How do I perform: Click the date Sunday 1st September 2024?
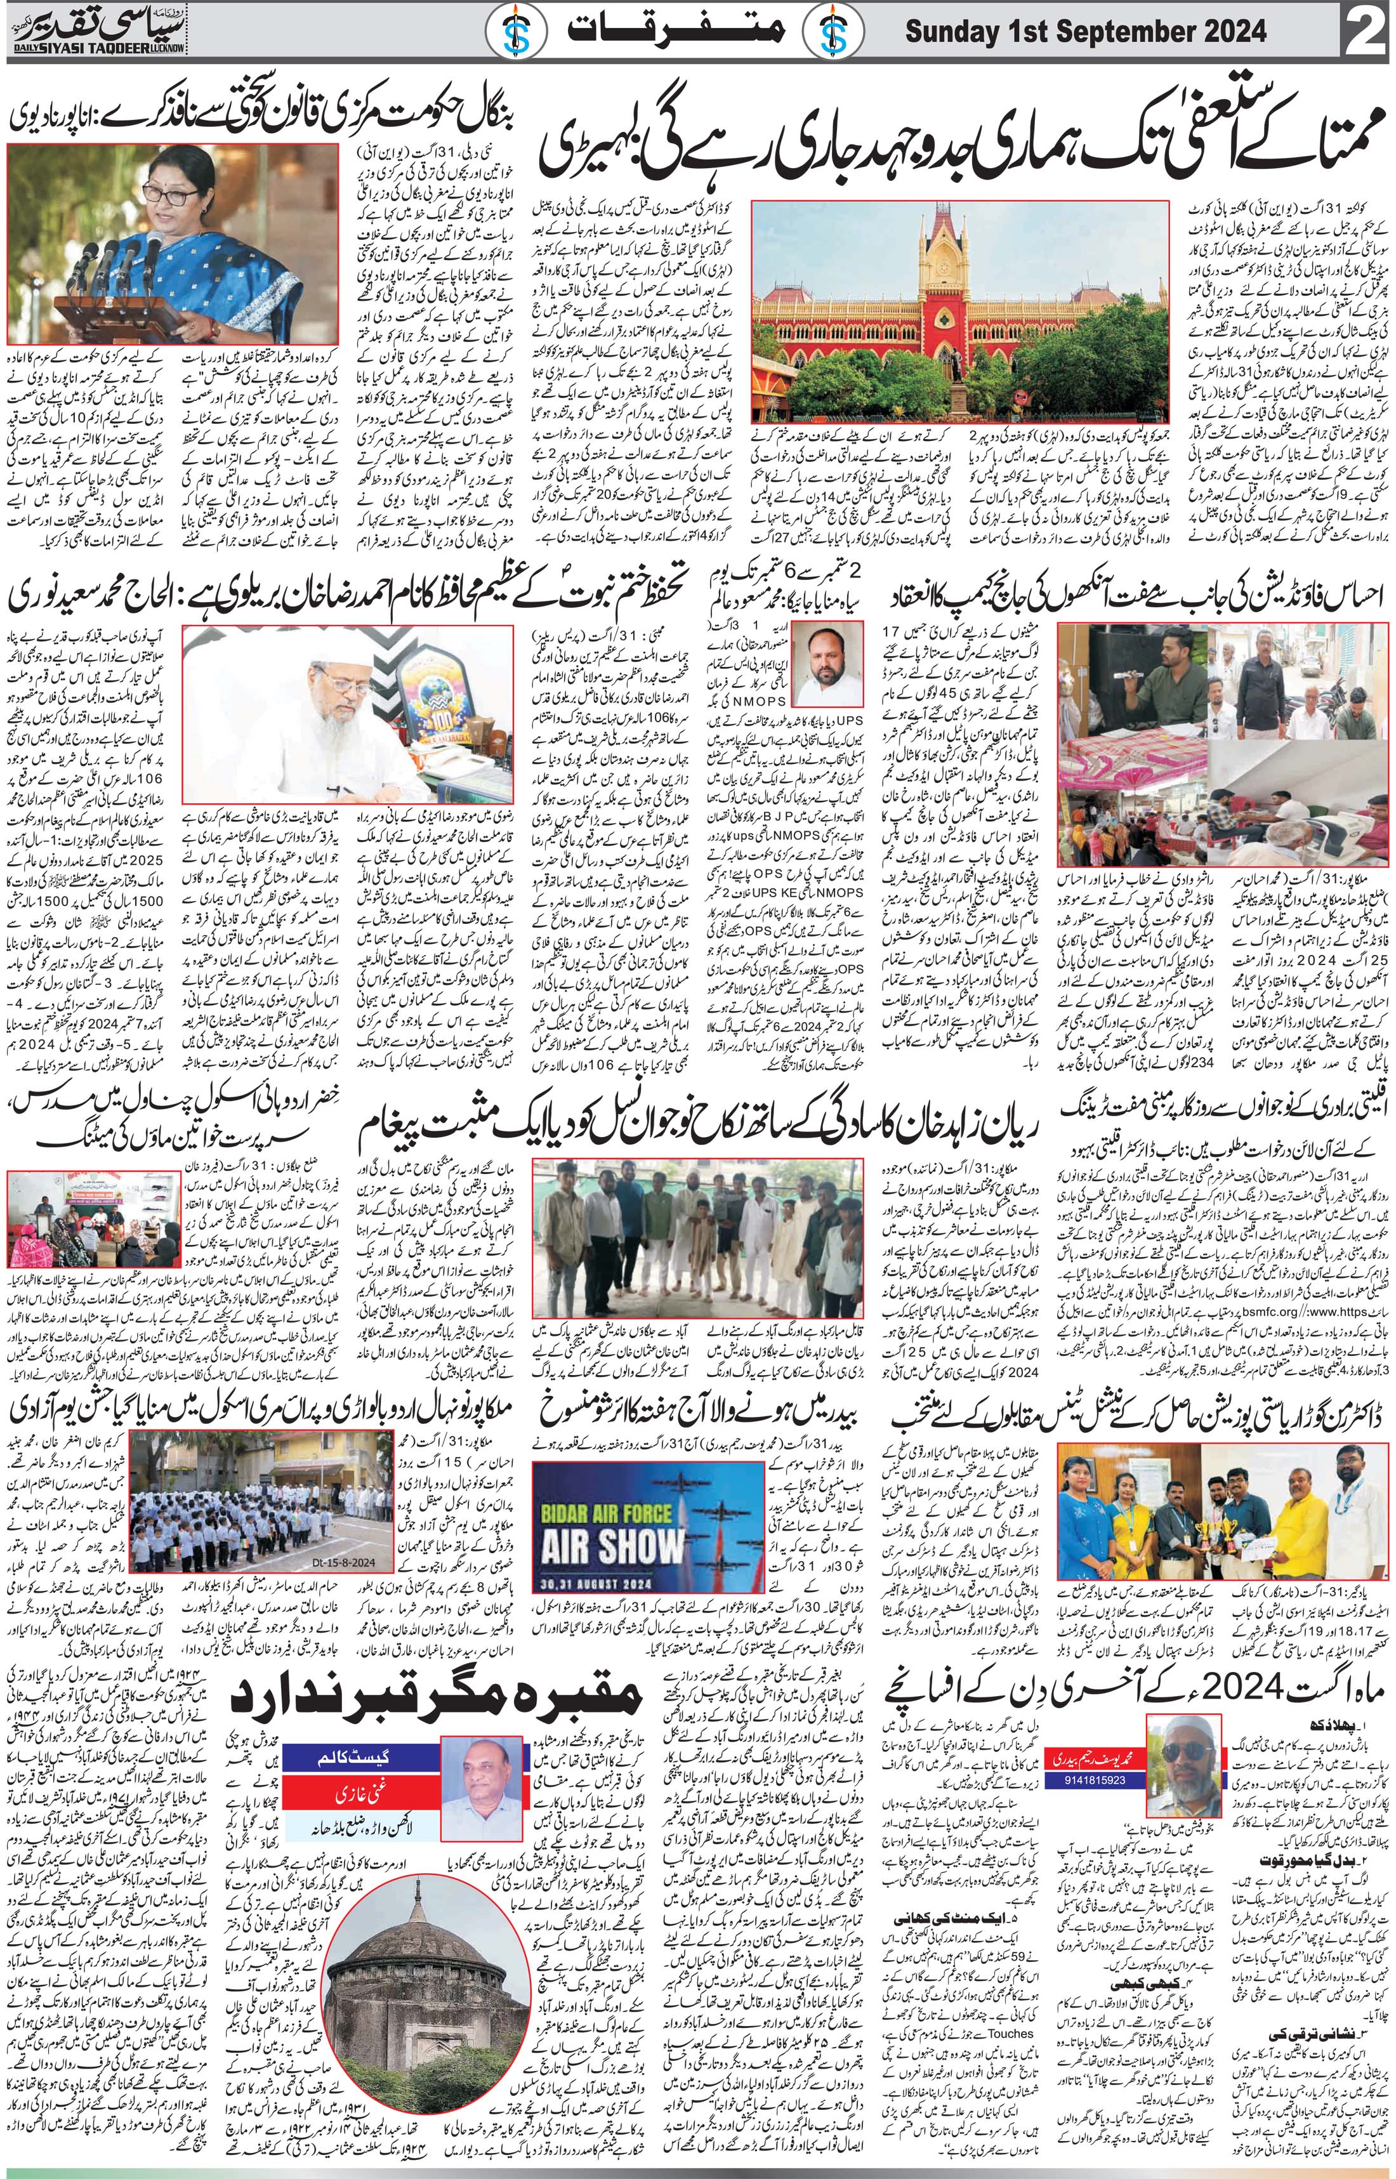[1086, 32]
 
